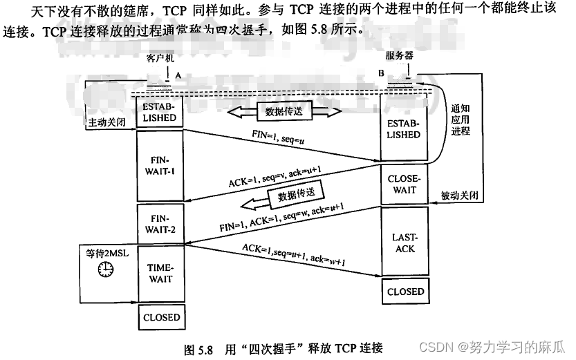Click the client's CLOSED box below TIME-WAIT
click(x=162, y=318)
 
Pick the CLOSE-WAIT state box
click(x=404, y=184)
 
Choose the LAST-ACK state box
click(x=404, y=242)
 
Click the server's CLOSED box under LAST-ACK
click(x=405, y=292)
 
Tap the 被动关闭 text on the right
click(x=460, y=196)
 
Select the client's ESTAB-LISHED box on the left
click(x=160, y=113)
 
